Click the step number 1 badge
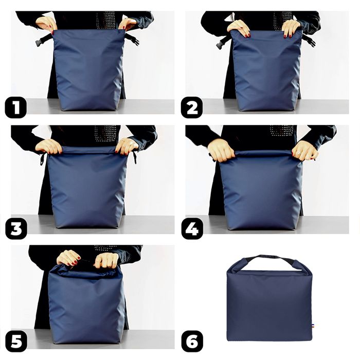click(x=16, y=108)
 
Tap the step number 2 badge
click(x=192, y=108)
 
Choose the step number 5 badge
click(x=16, y=341)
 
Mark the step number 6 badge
click(x=192, y=341)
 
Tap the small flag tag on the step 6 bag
click(x=312, y=325)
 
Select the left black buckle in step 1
click(x=43, y=40)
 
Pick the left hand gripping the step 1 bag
click(x=47, y=23)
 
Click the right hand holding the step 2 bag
click(x=291, y=28)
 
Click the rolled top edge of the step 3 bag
click(x=87, y=151)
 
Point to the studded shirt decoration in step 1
click(x=106, y=20)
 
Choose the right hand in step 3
click(x=126, y=146)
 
